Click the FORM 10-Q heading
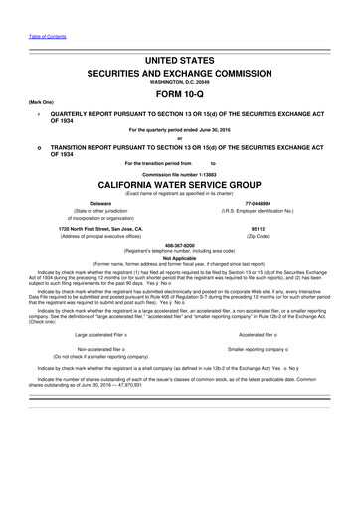(179, 96)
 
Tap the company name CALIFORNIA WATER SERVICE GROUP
(179, 185)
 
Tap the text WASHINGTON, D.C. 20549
(179, 85)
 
